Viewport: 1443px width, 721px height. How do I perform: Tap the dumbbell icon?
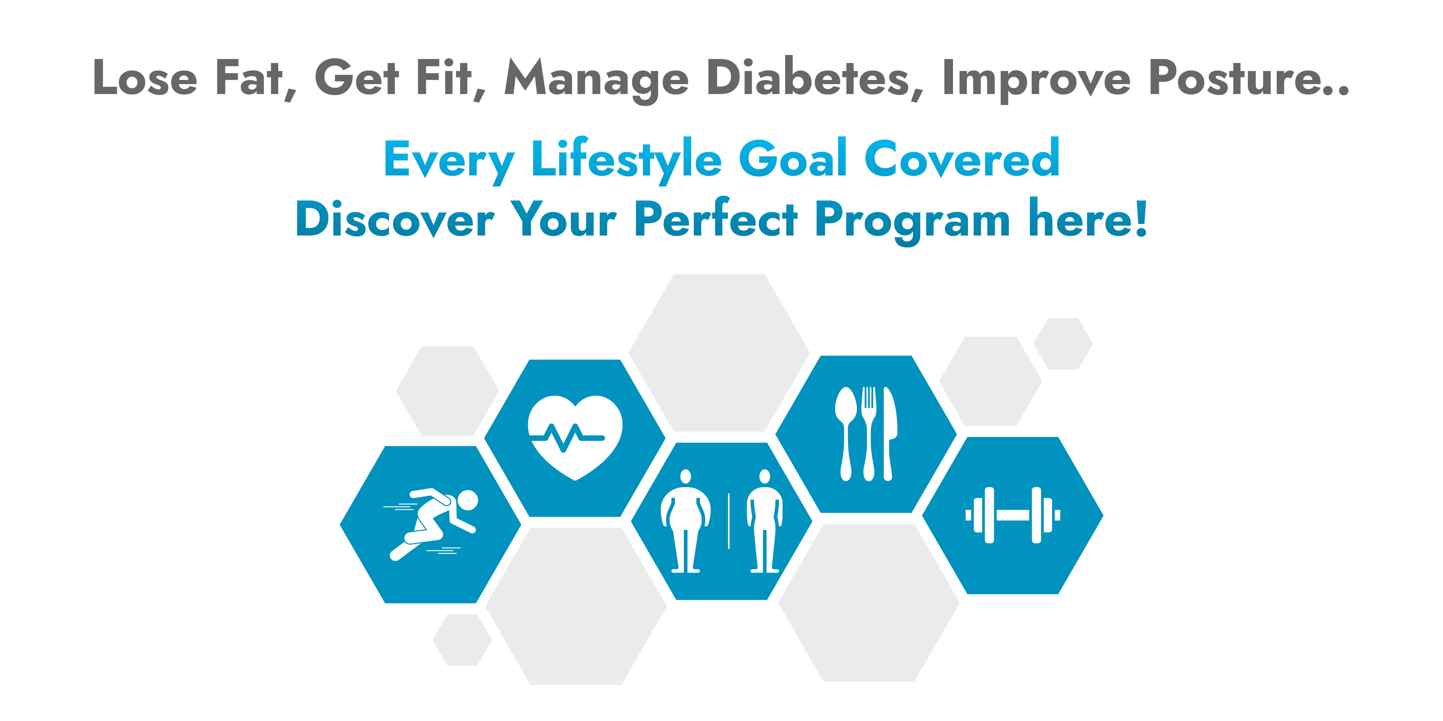tap(1013, 515)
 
